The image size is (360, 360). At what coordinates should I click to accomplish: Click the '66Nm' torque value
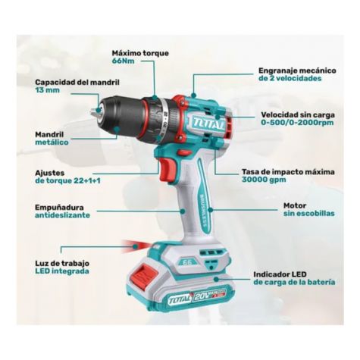pos(124,61)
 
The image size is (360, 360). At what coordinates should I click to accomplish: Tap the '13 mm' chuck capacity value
pos(48,90)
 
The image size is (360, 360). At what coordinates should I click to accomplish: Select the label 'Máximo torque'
pos(140,53)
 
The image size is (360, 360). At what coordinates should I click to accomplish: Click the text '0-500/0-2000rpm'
pos(297,123)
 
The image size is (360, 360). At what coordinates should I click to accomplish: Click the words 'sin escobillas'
pos(308,213)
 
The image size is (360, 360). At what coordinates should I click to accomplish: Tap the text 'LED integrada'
pos(62,271)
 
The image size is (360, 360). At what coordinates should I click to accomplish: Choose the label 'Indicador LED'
pos(280,274)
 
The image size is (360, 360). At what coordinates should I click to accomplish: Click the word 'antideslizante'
pos(62,215)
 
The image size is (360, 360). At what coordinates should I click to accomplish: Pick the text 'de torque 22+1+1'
pos(67,180)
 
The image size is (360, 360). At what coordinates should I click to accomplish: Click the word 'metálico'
pos(52,142)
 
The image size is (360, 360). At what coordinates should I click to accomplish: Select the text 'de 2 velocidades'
pos(290,78)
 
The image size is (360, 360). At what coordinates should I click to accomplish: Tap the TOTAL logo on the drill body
pos(208,124)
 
